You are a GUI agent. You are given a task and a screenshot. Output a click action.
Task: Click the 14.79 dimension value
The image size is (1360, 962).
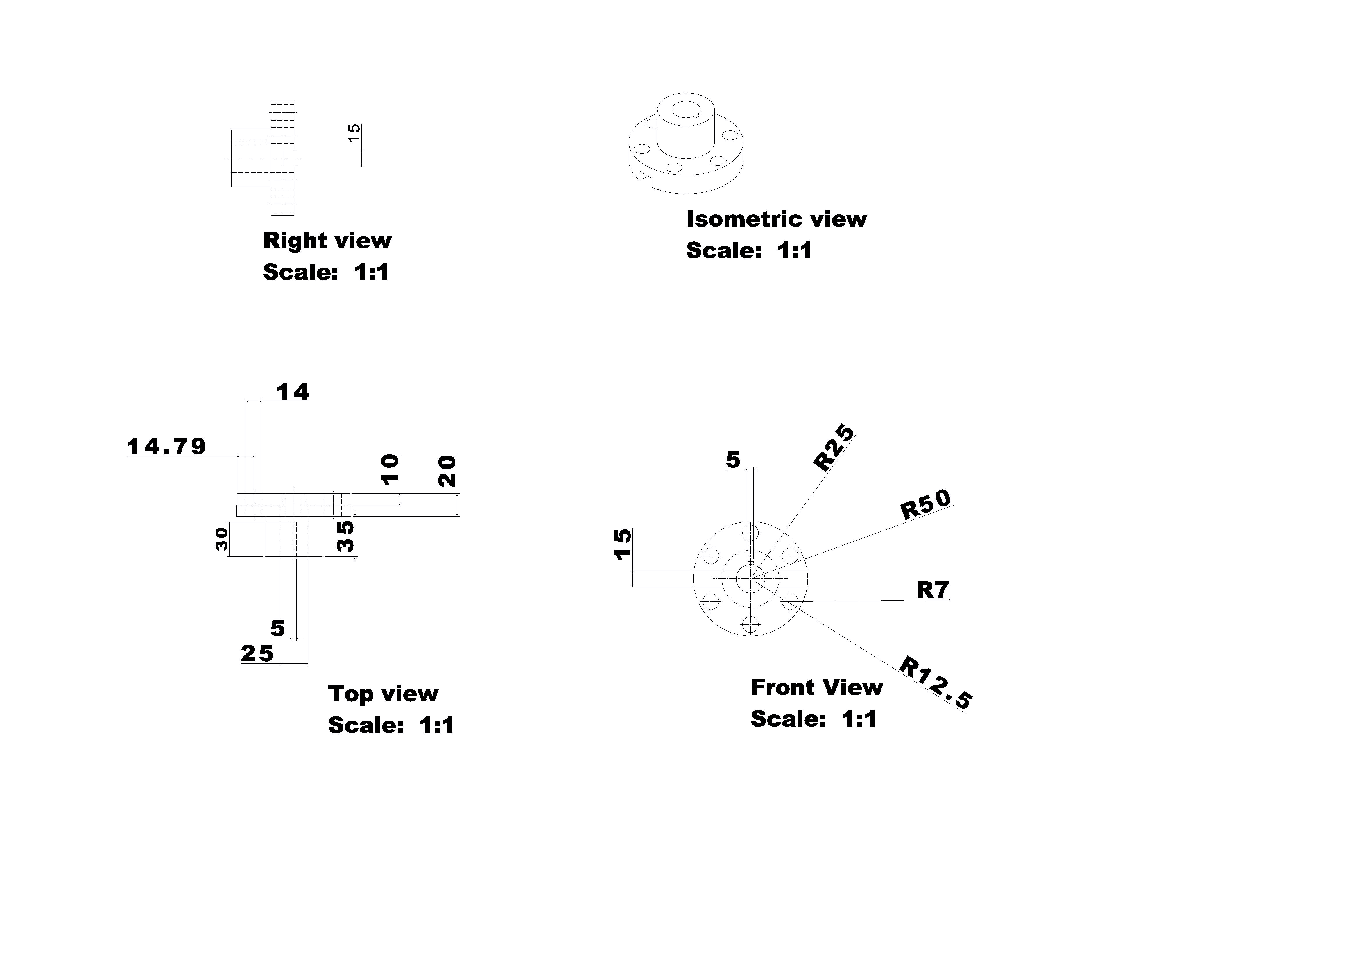click(166, 447)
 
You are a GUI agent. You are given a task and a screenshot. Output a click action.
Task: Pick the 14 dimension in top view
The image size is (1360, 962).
click(293, 392)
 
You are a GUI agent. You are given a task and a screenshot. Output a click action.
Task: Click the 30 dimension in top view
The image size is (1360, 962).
click(221, 539)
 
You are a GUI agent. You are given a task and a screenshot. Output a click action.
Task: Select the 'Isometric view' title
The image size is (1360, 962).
click(776, 219)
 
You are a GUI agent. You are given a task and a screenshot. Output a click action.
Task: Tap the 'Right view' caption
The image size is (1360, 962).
click(327, 241)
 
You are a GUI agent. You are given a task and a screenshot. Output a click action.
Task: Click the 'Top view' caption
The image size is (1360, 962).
click(383, 694)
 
